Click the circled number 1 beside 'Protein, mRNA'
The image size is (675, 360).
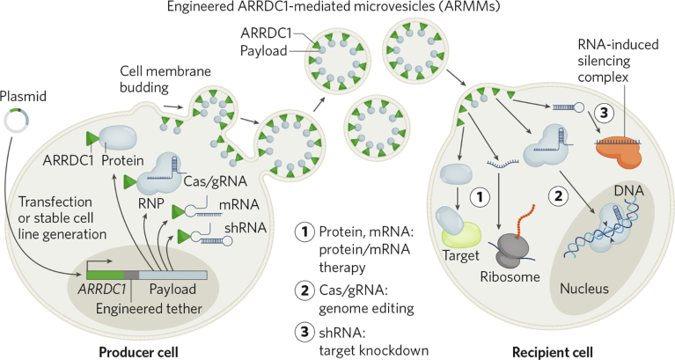pos(303,233)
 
